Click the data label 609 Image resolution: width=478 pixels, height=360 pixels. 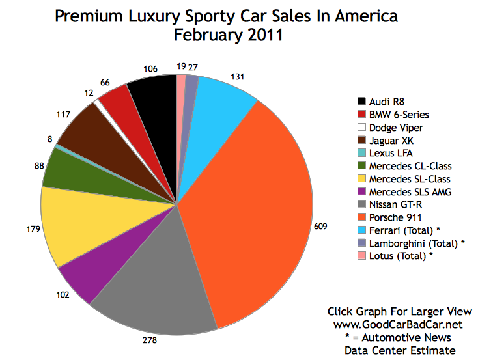click(x=320, y=227)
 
